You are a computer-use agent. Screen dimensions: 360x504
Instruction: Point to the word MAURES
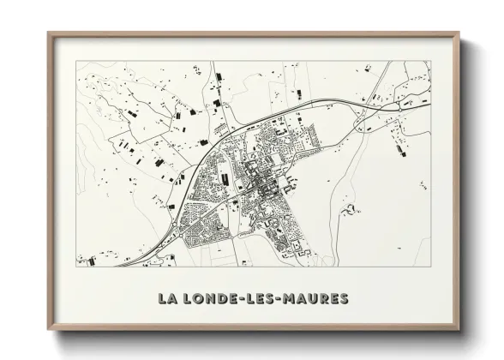318,299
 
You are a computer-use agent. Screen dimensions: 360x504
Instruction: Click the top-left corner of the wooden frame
49,33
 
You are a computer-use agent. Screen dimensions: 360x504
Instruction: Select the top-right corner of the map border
430,62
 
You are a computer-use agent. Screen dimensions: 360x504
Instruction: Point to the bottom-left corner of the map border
76,267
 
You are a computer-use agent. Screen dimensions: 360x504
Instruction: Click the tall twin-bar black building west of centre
225,178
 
